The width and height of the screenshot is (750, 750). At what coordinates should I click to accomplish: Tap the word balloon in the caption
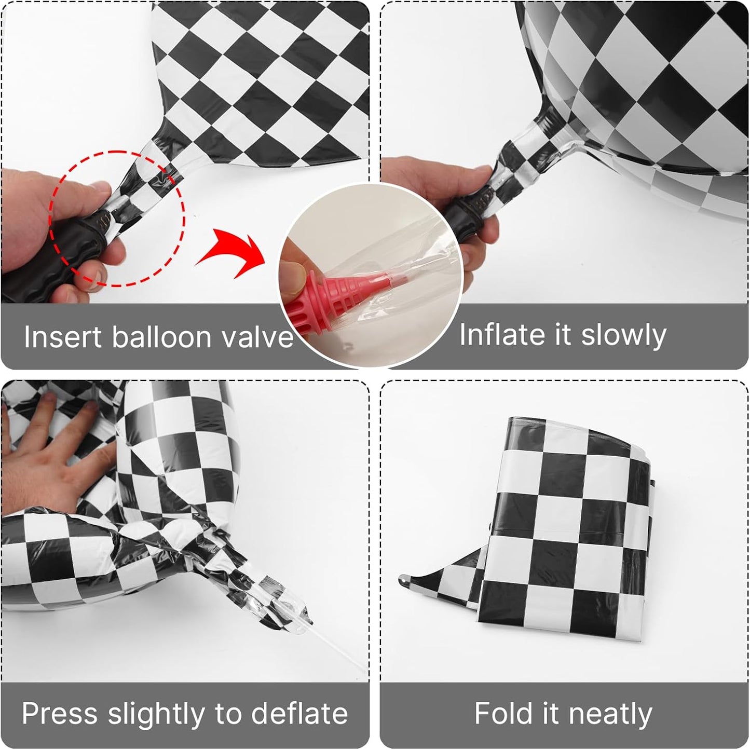pos(162,336)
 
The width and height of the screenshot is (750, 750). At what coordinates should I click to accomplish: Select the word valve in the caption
pos(257,336)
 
